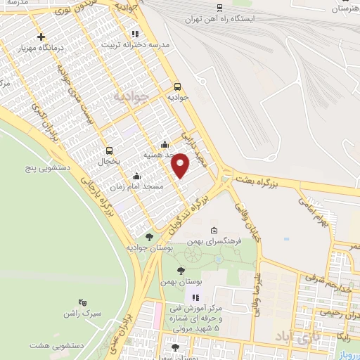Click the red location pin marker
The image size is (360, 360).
pos(181,165)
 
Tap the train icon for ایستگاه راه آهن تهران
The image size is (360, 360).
pos(220,8)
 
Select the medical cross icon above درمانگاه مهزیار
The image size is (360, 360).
pos(41,37)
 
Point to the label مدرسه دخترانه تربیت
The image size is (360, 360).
pos(136,44)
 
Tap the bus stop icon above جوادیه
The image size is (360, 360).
pos(176,86)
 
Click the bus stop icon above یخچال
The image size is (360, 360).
pos(109,150)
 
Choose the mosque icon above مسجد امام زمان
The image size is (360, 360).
pos(136,176)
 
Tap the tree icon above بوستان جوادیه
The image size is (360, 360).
pos(148,237)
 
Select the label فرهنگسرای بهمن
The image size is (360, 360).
pos(215,240)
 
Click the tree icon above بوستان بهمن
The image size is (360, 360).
pos(181,270)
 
